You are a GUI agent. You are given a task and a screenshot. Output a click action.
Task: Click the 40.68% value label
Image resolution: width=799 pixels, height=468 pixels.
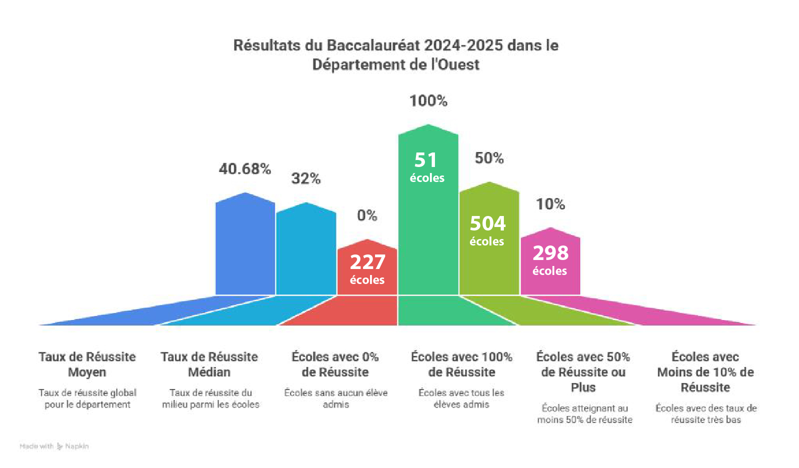click(245, 169)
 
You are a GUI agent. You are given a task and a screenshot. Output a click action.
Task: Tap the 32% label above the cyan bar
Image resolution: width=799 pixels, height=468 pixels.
click(306, 178)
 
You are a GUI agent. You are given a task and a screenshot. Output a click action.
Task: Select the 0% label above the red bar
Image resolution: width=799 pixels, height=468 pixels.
click(367, 215)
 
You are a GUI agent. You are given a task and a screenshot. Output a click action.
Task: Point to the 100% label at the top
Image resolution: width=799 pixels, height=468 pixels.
click(428, 101)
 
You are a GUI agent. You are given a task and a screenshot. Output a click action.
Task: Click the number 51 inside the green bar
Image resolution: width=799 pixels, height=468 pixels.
click(426, 160)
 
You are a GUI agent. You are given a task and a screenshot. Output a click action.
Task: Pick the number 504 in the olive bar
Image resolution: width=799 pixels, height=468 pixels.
click(488, 223)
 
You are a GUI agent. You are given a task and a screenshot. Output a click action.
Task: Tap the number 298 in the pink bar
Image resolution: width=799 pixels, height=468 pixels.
click(550, 253)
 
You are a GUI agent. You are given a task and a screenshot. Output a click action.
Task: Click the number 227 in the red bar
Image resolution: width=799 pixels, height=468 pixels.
click(368, 262)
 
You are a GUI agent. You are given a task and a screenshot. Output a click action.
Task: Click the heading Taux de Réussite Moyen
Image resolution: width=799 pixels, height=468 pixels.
click(87, 364)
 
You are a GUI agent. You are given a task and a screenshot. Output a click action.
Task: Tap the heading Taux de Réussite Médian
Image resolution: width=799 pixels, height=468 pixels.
click(209, 364)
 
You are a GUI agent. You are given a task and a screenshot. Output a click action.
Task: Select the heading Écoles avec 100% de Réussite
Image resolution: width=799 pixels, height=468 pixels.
click(461, 364)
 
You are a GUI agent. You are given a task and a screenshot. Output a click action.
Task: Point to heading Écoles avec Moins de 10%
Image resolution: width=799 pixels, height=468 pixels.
click(705, 372)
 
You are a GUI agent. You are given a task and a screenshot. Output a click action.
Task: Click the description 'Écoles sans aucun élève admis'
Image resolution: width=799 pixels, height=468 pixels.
click(336, 398)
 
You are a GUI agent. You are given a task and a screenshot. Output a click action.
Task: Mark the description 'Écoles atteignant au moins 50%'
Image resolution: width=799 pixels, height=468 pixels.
click(584, 414)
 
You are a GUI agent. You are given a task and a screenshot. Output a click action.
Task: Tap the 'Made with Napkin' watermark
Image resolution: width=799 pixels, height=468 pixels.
click(54, 446)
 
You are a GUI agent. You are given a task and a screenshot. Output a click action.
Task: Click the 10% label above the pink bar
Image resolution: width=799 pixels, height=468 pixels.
click(550, 204)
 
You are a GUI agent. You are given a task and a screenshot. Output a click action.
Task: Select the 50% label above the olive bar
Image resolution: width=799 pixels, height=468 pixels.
click(489, 158)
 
